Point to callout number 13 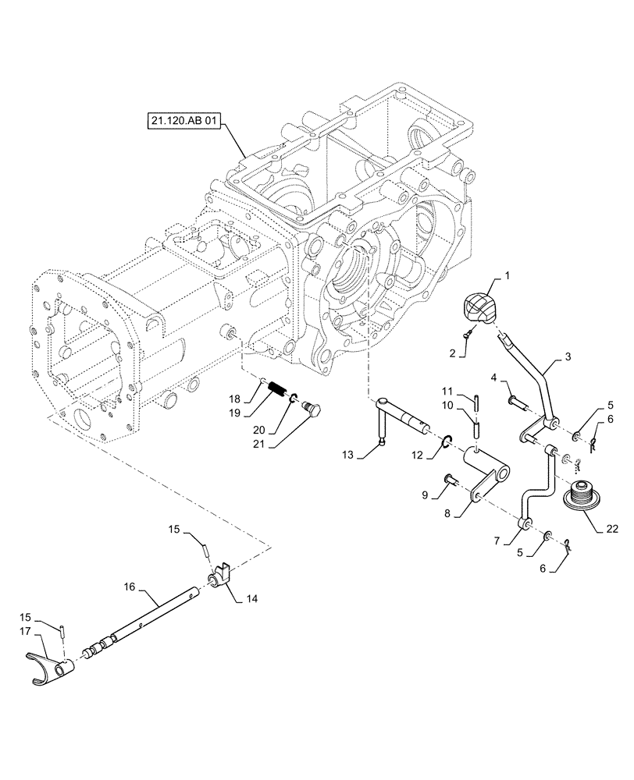(x=348, y=454)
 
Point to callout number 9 (x=426, y=495)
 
